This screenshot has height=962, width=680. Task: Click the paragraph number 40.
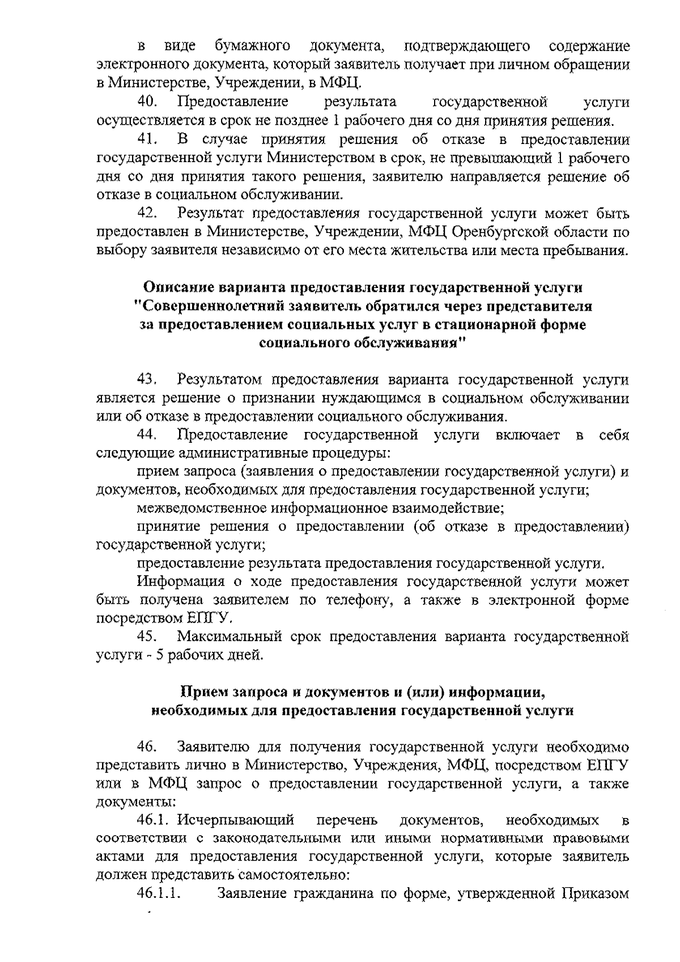point(148,103)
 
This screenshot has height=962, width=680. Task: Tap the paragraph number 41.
point(148,139)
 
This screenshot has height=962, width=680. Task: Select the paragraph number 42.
point(148,214)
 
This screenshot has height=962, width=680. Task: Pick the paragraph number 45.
point(148,637)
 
